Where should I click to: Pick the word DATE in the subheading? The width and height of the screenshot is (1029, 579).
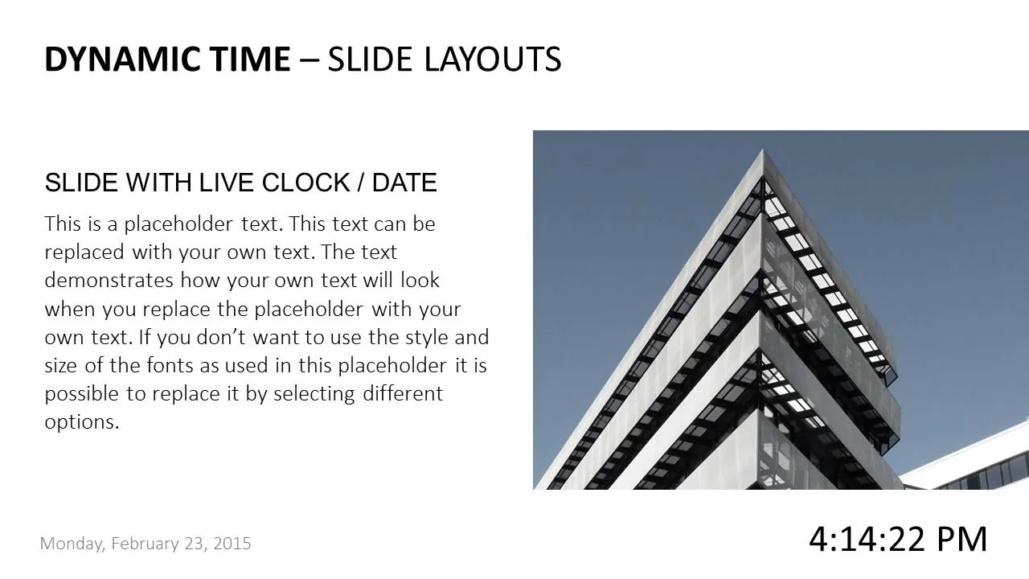click(404, 183)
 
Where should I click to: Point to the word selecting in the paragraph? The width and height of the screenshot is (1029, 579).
click(314, 394)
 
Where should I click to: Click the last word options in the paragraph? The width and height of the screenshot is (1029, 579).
click(81, 422)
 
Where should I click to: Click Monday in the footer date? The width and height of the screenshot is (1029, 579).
click(72, 544)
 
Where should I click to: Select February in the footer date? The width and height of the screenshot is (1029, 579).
click(146, 544)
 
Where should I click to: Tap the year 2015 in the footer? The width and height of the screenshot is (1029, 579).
click(232, 544)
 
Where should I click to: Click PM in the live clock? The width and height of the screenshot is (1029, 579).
click(961, 539)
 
